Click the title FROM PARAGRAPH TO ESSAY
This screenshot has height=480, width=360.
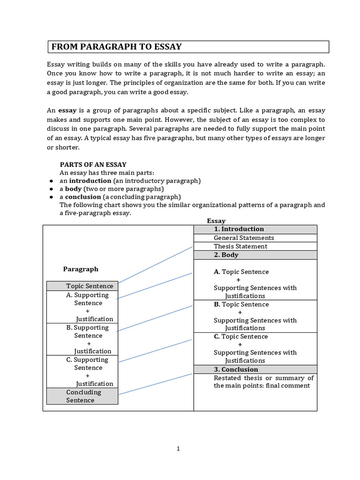click(x=116, y=47)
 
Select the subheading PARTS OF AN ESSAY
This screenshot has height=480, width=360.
click(x=93, y=165)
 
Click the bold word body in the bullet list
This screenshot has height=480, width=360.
click(x=73, y=189)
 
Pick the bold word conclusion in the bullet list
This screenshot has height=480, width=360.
click(x=82, y=197)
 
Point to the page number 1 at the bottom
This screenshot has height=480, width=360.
click(x=178, y=449)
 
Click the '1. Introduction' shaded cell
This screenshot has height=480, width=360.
click(x=255, y=229)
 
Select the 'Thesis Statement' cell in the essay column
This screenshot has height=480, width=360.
click(x=255, y=246)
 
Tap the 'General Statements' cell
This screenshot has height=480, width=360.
click(x=255, y=238)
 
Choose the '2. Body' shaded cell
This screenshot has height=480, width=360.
click(x=255, y=255)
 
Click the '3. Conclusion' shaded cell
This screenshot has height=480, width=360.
click(x=255, y=369)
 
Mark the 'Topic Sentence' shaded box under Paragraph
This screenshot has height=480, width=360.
click(x=82, y=286)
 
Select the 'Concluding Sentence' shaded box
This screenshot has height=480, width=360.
click(x=82, y=396)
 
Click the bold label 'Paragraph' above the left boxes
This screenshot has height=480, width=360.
click(x=81, y=269)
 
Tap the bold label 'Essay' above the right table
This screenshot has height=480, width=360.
click(x=216, y=221)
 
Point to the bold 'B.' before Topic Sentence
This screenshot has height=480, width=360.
click(x=217, y=304)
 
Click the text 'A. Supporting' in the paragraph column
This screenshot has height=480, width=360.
click(x=87, y=295)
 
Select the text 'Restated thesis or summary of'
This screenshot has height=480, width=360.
click(x=263, y=378)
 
